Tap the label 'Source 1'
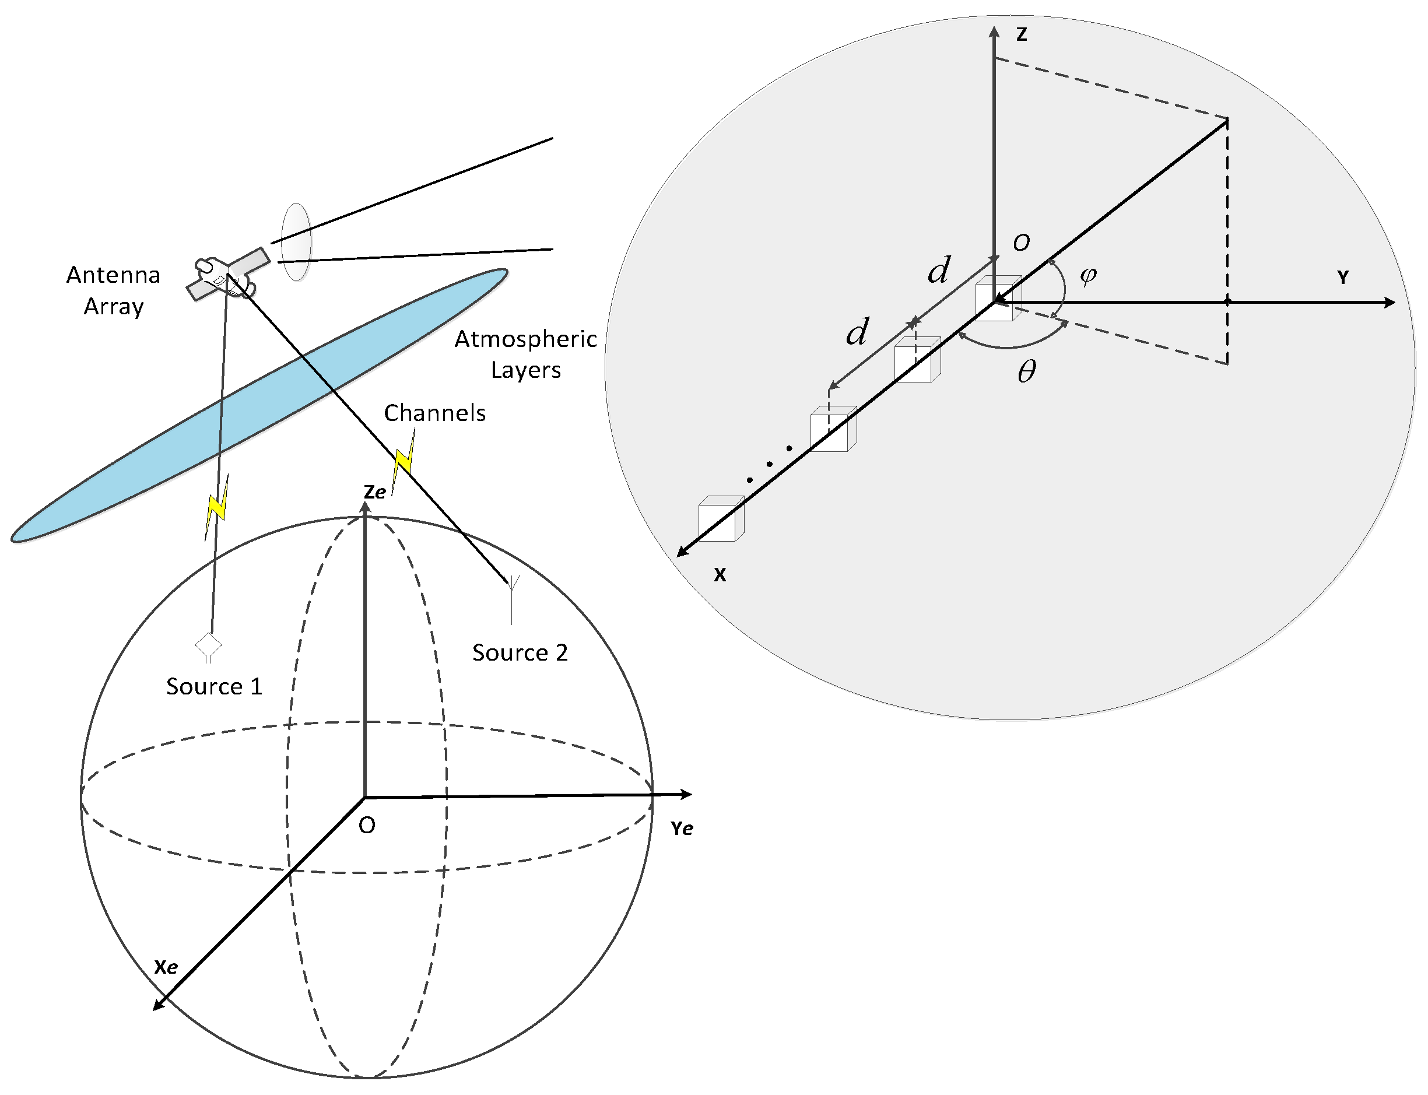click(x=214, y=686)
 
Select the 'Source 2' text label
click(x=520, y=652)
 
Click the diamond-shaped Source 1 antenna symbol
click(x=209, y=646)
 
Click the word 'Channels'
click(x=435, y=413)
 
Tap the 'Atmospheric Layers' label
click(x=525, y=354)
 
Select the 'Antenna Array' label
click(x=113, y=290)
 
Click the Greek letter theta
click(x=1026, y=372)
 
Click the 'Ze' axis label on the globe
click(x=375, y=492)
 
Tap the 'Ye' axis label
click(x=682, y=829)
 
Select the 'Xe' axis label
click(x=166, y=967)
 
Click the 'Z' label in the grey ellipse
click(x=1022, y=34)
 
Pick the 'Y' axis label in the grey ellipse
click(x=1343, y=278)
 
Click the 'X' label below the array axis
click(x=720, y=575)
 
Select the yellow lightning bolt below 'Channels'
click(x=405, y=458)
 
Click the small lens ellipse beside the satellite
click(x=296, y=241)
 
